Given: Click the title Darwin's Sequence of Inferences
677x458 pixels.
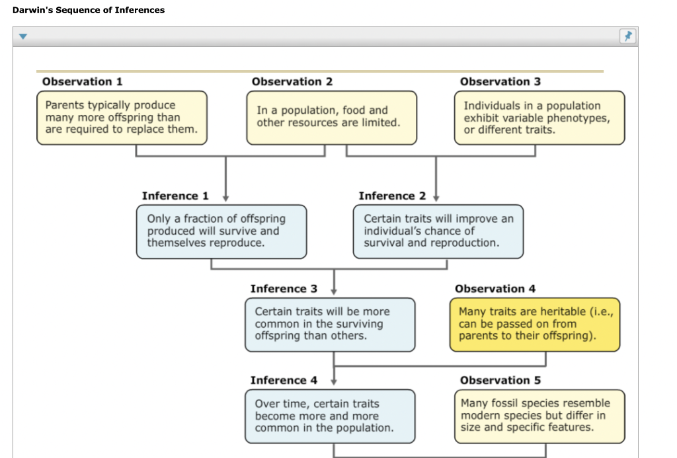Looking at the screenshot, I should pyautogui.click(x=89, y=10).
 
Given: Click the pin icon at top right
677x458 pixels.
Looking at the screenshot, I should pyautogui.click(x=627, y=37).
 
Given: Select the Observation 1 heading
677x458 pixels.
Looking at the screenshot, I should pyautogui.click(x=82, y=81).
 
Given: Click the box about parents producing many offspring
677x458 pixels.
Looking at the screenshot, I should pyautogui.click(x=122, y=118).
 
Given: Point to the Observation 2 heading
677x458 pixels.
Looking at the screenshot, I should pyautogui.click(x=292, y=81).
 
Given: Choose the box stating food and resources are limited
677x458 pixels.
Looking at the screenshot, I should pyautogui.click(x=331, y=117).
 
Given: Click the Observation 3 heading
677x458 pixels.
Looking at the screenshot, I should pyautogui.click(x=500, y=81).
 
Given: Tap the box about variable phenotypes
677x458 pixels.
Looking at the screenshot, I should pyautogui.click(x=539, y=118).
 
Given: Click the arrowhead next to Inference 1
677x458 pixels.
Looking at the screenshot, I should pyautogui.click(x=225, y=197).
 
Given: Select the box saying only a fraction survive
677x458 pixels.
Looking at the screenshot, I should pyautogui.click(x=221, y=231).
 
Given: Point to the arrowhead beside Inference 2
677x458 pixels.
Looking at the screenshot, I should pyautogui.click(x=436, y=197).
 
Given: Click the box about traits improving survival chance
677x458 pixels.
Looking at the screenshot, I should pyautogui.click(x=438, y=231).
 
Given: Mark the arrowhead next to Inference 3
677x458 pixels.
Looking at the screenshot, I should pyautogui.click(x=334, y=290).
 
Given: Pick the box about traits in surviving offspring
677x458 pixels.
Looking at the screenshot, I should pyautogui.click(x=331, y=324).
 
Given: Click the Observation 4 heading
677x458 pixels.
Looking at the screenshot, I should pyautogui.click(x=495, y=289).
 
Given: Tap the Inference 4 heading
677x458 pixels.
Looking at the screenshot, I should pyautogui.click(x=284, y=380).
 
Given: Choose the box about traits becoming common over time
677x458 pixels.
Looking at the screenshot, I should pyautogui.click(x=331, y=416).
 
